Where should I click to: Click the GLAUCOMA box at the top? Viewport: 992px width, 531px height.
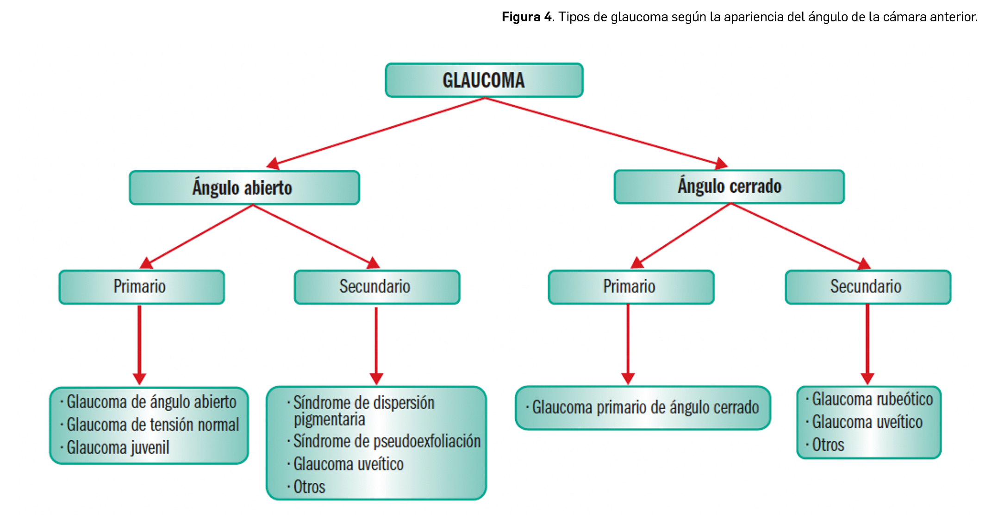pos(484,81)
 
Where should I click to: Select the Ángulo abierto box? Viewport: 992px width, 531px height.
pos(244,187)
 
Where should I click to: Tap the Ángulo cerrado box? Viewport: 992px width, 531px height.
pos(729,187)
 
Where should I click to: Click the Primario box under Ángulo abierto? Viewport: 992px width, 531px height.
pos(141,287)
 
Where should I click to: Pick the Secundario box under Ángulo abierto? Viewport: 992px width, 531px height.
pos(376,287)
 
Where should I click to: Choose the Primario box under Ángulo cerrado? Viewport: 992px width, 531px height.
pos(630,287)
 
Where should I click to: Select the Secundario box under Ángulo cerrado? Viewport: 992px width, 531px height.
pos(867,287)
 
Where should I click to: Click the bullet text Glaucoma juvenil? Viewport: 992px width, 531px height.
pos(118,448)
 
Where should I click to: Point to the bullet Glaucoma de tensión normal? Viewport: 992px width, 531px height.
pos(153,425)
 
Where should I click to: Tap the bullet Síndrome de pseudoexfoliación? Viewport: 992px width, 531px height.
pos(387,441)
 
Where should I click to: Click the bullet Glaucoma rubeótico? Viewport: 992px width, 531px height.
pos(872,399)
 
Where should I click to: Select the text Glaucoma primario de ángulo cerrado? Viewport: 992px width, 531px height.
pos(645,407)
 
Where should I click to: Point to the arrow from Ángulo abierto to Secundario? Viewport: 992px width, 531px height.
pos(315,235)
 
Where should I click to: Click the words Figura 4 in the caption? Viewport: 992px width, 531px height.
pos(527,17)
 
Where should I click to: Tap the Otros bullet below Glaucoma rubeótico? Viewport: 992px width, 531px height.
pos(828,445)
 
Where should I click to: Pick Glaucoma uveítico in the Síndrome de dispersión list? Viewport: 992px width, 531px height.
pos(348,464)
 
